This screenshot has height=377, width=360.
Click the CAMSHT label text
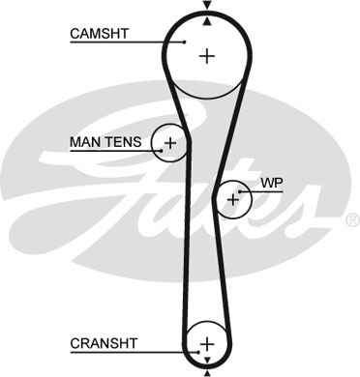pos(98,34)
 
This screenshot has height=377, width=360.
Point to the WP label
pos(270,182)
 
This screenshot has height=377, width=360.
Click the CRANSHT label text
pos(103,343)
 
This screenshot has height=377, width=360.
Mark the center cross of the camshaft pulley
pos(205,56)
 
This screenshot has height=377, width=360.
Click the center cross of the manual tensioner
pos(170,144)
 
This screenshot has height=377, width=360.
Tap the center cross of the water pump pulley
pos(232,200)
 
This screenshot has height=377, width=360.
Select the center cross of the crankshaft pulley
pos(205,343)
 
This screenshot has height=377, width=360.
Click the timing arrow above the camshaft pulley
pos(205,8)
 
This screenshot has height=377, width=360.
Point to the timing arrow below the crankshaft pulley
pos(205,368)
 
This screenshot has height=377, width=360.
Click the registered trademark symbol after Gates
pos(351,220)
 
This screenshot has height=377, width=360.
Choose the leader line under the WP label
pos(266,190)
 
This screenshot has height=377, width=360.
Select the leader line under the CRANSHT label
pos(126,351)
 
